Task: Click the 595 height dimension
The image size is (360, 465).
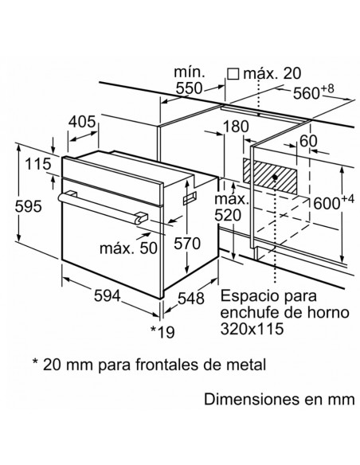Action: (x=29, y=206)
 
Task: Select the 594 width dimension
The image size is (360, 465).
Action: (x=108, y=296)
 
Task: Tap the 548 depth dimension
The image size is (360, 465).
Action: (x=191, y=298)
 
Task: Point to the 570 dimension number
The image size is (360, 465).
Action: (x=187, y=244)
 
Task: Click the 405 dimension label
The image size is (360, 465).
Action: (x=82, y=122)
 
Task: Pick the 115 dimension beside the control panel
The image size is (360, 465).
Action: (x=37, y=164)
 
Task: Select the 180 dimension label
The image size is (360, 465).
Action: (x=236, y=127)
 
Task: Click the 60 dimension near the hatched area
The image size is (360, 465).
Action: (x=308, y=141)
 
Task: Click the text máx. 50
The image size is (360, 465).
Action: (x=128, y=248)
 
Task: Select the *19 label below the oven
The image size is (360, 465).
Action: (x=162, y=332)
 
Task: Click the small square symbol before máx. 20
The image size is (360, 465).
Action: (x=233, y=74)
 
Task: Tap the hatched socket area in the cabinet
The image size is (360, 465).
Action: (x=270, y=175)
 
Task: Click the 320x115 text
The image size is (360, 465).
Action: (x=252, y=329)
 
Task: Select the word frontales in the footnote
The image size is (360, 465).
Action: (x=167, y=364)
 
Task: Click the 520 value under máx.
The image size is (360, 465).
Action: (x=228, y=216)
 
